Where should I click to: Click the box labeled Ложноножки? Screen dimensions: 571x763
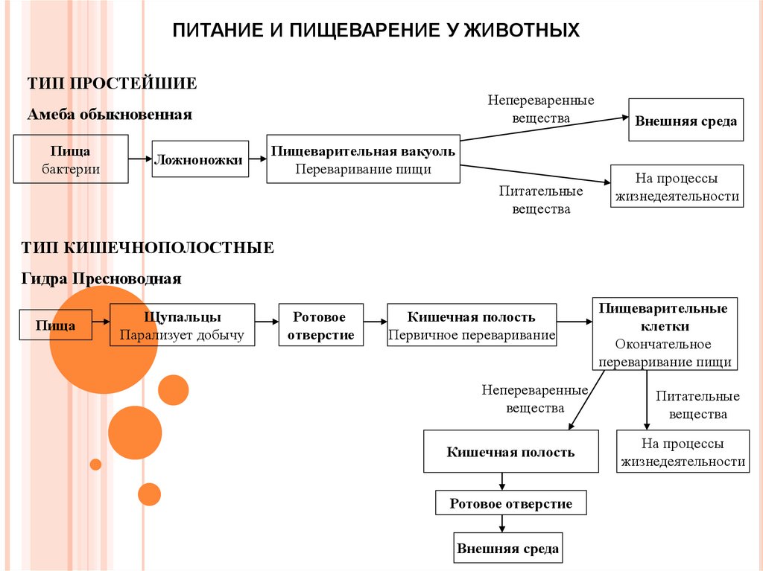coord(200,159)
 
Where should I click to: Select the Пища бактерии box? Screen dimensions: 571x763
coord(71,160)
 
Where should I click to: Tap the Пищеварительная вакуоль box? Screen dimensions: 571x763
coord(363,159)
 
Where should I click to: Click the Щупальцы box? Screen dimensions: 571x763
coord(183,325)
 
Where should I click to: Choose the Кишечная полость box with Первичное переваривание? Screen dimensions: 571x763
coord(472,325)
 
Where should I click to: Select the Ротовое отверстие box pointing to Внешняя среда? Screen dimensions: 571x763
coord(511,504)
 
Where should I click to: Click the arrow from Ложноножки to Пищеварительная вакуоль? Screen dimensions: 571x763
coord(258,159)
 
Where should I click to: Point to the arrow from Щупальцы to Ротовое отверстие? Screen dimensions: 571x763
coord(267,322)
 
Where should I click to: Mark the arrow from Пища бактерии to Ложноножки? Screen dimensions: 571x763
coord(139,159)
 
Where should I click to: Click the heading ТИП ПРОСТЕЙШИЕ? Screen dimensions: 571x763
coord(112,83)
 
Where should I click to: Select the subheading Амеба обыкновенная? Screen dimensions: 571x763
coord(110,115)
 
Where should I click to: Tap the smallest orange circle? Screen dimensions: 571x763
coord(95,465)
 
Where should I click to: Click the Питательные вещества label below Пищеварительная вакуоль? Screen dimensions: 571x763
coord(541,200)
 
